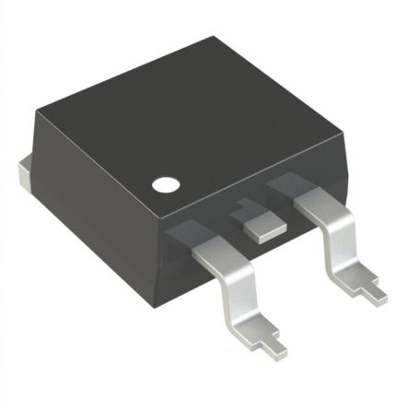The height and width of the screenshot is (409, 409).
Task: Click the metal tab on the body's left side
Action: tap(25, 176)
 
